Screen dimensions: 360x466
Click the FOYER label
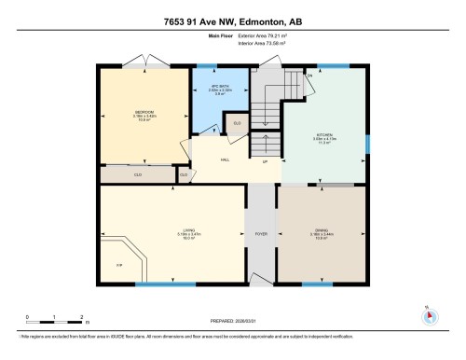tap(262, 233)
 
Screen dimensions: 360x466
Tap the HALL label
tap(225, 159)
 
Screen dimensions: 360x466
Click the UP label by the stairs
tap(266, 160)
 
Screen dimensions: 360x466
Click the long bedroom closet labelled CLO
tap(137, 173)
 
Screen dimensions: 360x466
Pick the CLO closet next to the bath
tap(237, 122)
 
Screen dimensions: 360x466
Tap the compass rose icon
tap(430, 314)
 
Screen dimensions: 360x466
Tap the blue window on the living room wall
tap(152, 284)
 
